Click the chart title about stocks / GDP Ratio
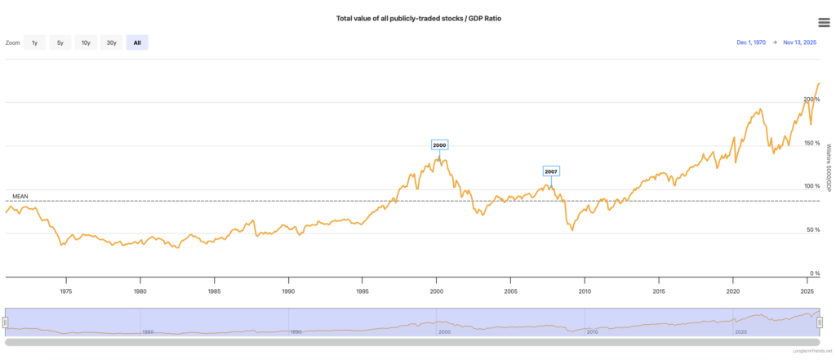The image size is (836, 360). point(418,18)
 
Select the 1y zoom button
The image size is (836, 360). point(34,42)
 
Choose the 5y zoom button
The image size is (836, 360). point(60,42)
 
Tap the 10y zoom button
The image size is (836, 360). point(85,42)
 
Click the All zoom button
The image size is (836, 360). point(136,42)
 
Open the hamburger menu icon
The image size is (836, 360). point(824,22)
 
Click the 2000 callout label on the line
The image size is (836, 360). point(439,145)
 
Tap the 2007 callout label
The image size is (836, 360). point(551,171)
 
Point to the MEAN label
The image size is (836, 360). point(20,197)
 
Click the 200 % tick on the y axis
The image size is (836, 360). point(811,99)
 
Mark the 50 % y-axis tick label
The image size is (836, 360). point(812,230)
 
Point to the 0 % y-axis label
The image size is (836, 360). point(814,273)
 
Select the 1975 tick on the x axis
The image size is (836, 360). point(66,291)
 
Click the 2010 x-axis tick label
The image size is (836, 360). point(585,291)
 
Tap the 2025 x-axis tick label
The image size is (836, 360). point(807,291)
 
